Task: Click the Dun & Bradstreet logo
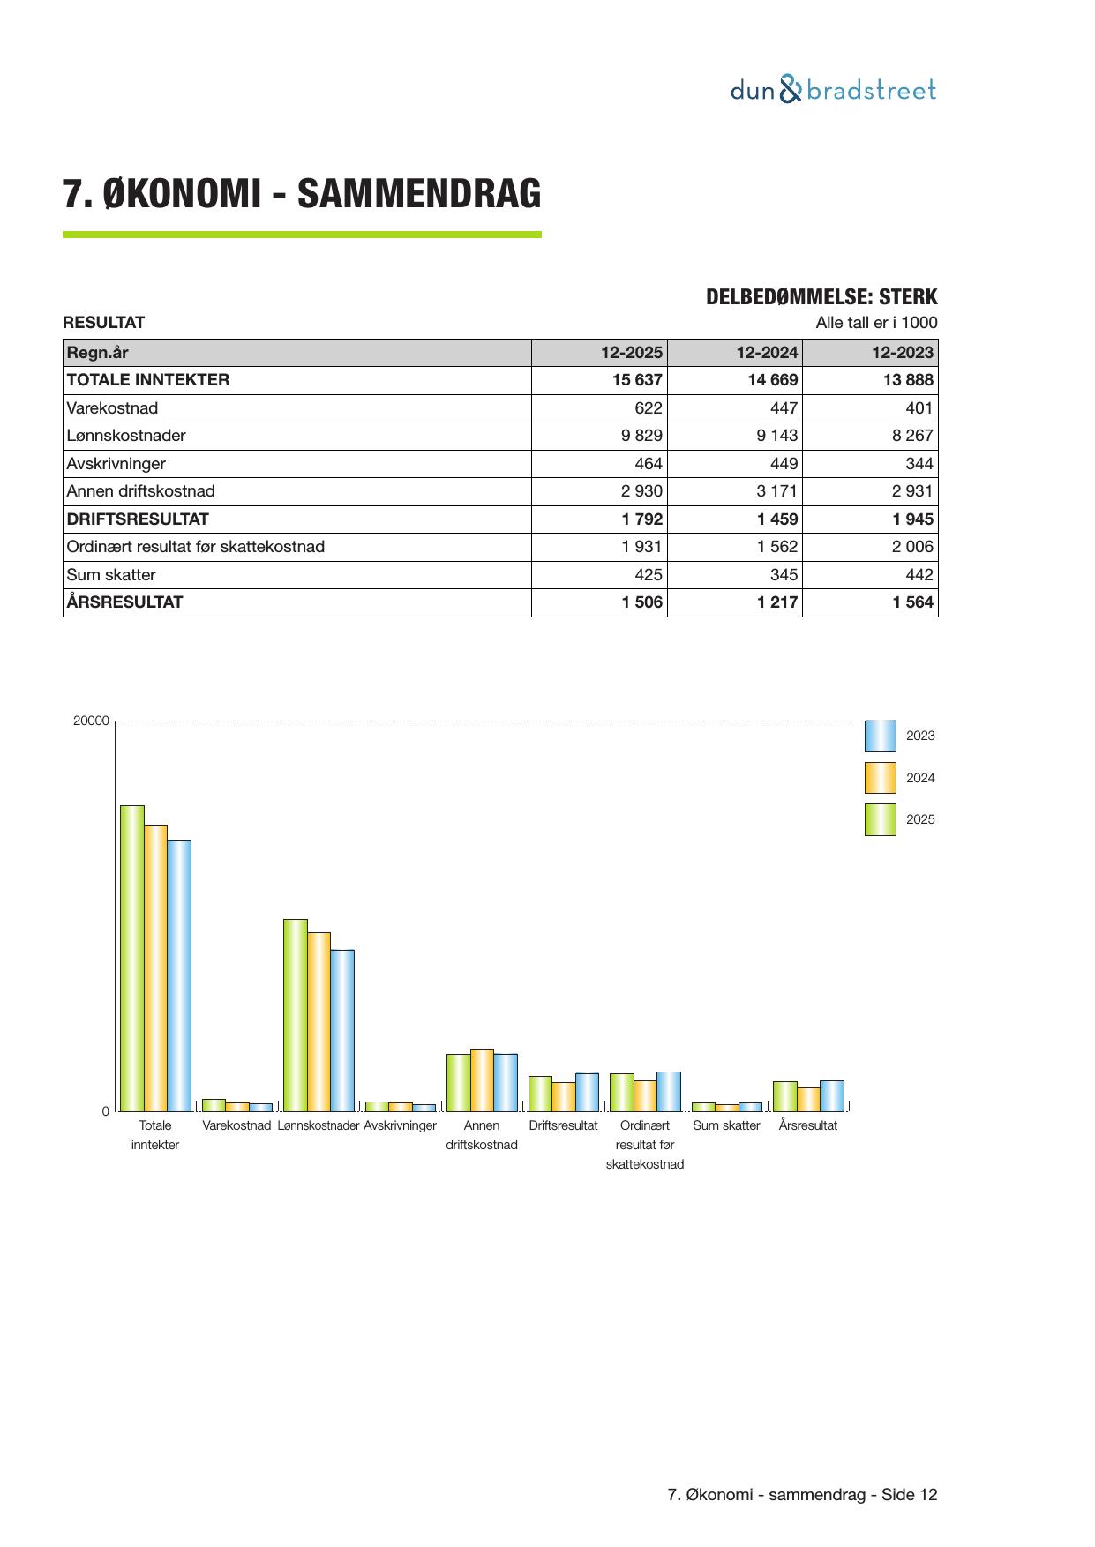(833, 90)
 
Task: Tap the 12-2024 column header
(767, 353)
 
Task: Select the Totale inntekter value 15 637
(631, 380)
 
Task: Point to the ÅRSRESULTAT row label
(125, 602)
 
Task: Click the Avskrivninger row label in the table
(116, 464)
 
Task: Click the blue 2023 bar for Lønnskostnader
(342, 1030)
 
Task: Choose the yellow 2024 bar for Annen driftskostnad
(482, 1080)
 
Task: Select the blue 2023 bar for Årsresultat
(831, 1095)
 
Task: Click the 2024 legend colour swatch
(880, 778)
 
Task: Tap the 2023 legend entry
(920, 736)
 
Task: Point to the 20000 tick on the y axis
(91, 721)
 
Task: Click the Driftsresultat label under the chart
(563, 1126)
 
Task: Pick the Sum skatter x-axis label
(726, 1126)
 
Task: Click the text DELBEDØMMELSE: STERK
(821, 297)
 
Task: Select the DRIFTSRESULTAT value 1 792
(641, 519)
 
